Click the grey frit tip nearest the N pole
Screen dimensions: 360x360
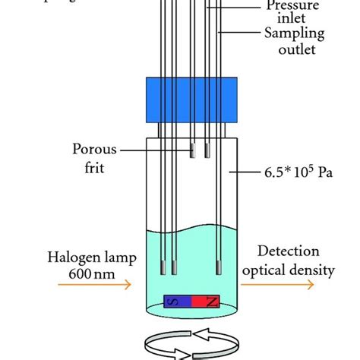coord(218,267)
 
